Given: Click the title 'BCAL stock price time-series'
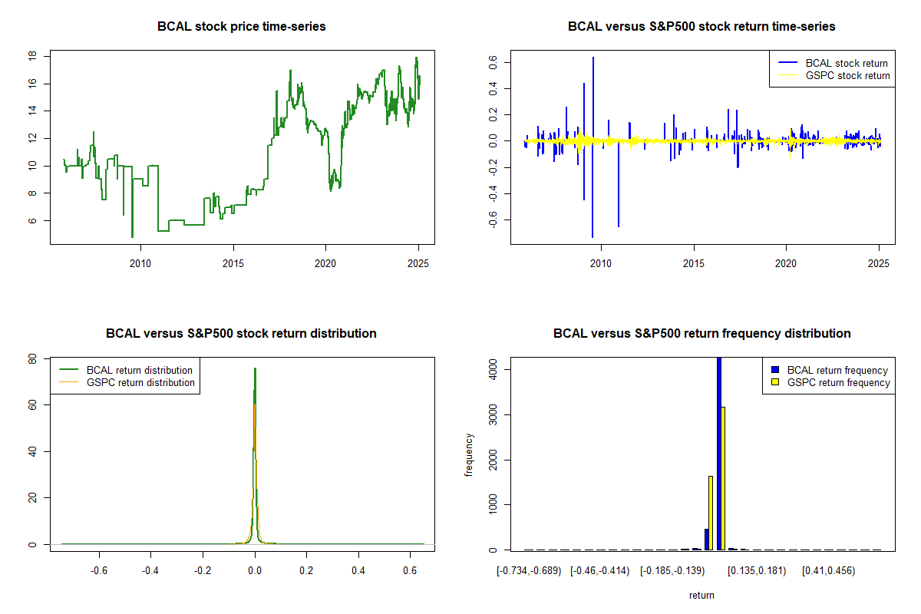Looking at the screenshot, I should [x=241, y=27].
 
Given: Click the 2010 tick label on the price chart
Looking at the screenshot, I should [x=140, y=263].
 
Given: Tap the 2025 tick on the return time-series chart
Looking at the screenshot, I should [x=878, y=263].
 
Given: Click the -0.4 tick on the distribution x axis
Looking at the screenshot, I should [x=151, y=570].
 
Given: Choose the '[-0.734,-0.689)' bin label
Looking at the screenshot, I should [x=530, y=570].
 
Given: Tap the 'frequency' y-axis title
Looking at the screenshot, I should [x=469, y=455].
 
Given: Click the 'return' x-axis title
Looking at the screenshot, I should [x=701, y=595].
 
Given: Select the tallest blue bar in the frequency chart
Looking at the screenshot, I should [x=719, y=453].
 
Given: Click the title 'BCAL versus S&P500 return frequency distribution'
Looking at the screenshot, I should [x=701, y=334].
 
